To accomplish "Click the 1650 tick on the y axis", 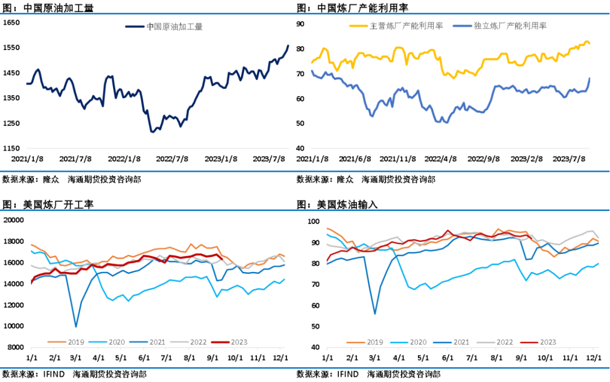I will [x=12, y=23].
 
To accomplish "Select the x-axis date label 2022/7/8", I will [x=172, y=159].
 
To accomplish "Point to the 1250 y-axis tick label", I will [x=12, y=123].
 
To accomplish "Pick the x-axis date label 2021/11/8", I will [x=399, y=159].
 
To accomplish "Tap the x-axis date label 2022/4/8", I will [x=441, y=159].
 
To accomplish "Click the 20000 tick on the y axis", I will [x=14, y=220].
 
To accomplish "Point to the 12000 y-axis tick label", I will [x=14, y=305].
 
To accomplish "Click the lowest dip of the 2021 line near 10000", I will [x=76, y=326].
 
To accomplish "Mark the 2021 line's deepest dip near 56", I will [x=374, y=314].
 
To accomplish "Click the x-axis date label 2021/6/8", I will [x=356, y=159].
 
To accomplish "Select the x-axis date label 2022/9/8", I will [x=483, y=159].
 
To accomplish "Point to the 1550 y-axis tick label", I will [x=12, y=48].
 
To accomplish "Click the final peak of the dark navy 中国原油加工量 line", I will [x=288, y=46].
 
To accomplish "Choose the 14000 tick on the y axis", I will [x=14, y=284].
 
